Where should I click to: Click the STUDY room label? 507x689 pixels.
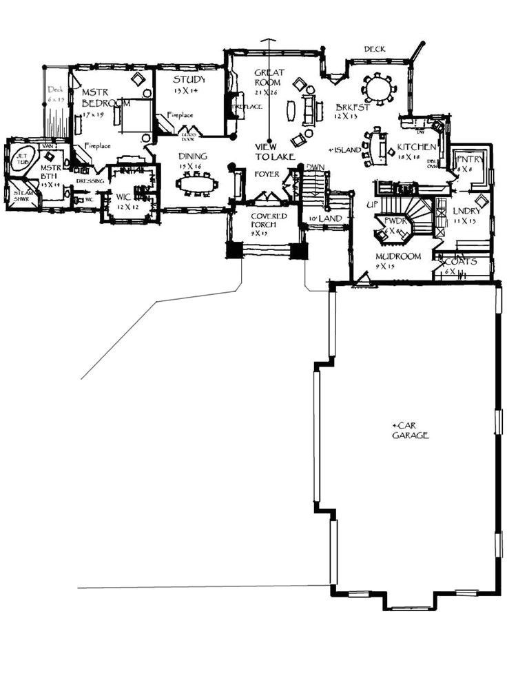click(x=185, y=79)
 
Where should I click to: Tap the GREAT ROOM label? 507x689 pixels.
click(x=269, y=78)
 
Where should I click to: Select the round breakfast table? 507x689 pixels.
click(x=377, y=88)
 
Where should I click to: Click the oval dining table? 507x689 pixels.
click(x=197, y=184)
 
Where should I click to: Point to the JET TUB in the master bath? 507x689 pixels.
click(x=23, y=158)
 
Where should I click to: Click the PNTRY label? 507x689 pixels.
click(x=470, y=160)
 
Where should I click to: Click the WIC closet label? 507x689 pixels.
click(x=123, y=197)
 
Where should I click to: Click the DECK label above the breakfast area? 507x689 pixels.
click(x=375, y=49)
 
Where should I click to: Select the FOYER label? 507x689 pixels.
click(x=267, y=174)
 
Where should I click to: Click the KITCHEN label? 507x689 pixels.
click(x=416, y=147)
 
